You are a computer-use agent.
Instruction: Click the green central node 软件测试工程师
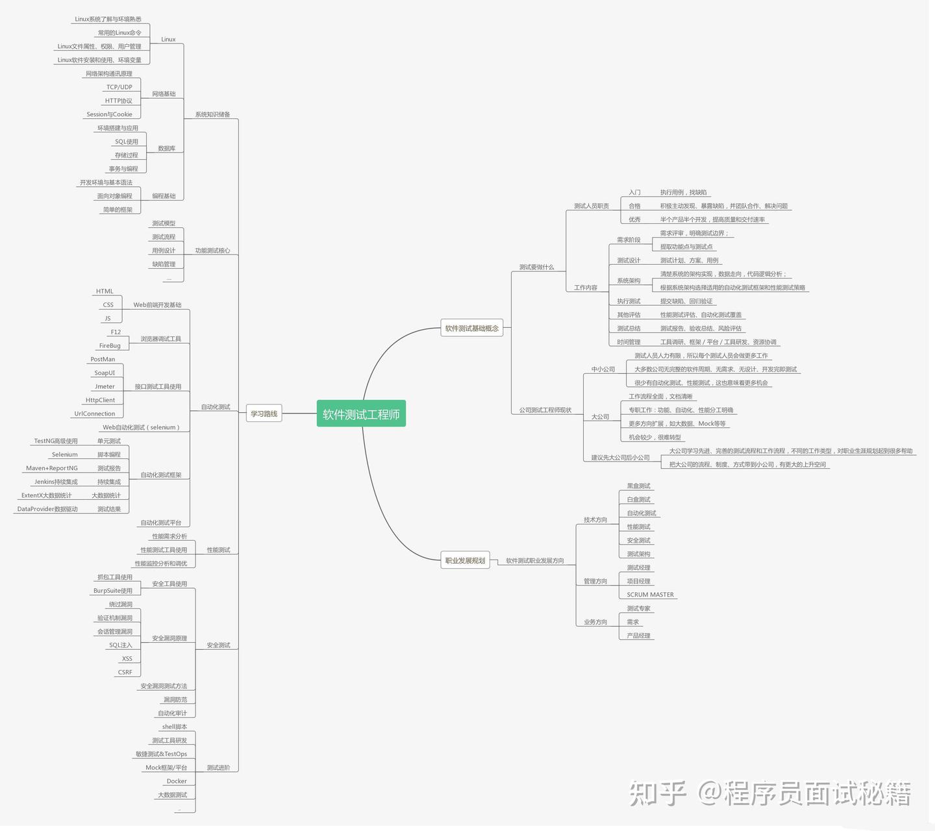tap(361, 414)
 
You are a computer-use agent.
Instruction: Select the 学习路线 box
tap(264, 414)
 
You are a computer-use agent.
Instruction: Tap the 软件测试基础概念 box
tap(472, 329)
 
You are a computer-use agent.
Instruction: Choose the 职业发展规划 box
tap(465, 560)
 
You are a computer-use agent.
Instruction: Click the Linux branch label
tap(168, 40)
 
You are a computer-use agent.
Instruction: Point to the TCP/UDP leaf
tap(119, 87)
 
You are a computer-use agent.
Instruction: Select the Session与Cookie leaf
tap(109, 114)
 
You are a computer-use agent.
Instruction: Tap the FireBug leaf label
tap(110, 345)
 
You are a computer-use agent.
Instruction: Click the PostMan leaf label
tap(103, 359)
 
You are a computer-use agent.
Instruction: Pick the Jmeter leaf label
tap(105, 386)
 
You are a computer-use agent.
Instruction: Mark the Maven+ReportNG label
tap(52, 468)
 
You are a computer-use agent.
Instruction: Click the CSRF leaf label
tap(125, 672)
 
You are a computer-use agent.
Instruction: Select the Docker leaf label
tap(177, 781)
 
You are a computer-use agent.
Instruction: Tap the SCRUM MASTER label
tap(650, 595)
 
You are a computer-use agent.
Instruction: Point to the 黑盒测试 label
tap(638, 486)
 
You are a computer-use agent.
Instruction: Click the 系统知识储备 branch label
tap(212, 114)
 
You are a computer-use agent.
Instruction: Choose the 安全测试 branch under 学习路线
tap(218, 645)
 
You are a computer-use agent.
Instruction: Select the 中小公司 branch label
tap(603, 369)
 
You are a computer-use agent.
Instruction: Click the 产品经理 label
tap(638, 636)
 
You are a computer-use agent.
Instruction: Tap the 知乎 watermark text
tap(657, 793)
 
